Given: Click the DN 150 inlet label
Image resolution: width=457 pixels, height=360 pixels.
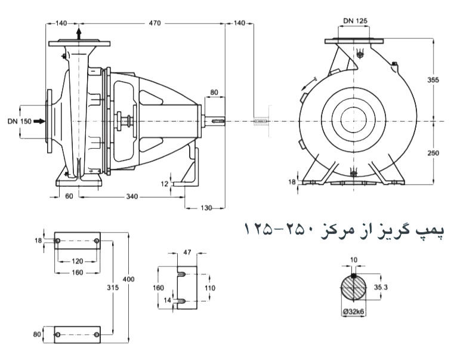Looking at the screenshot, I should tap(19, 121).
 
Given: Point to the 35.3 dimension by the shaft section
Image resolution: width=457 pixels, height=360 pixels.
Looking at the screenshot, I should tap(382, 287).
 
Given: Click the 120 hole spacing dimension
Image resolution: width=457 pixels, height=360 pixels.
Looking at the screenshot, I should tap(76, 261).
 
